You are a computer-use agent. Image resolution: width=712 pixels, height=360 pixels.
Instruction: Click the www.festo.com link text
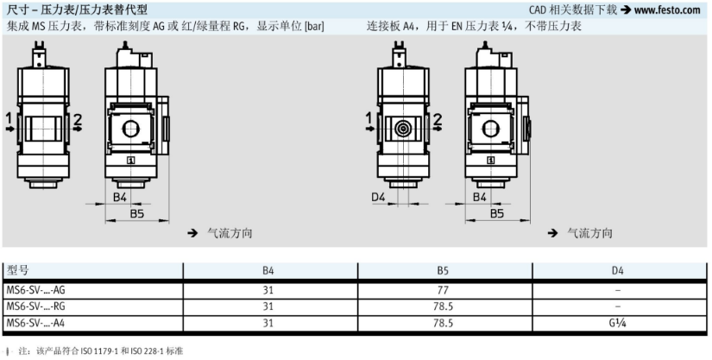click(x=667, y=9)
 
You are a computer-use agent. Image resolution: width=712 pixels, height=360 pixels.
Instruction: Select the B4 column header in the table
click(x=268, y=271)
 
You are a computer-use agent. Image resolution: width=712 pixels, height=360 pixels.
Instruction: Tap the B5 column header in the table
click(x=443, y=271)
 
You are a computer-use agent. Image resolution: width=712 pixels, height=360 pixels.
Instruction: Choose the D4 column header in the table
click(x=618, y=271)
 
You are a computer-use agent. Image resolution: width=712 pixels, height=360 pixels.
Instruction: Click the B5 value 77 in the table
click(x=443, y=289)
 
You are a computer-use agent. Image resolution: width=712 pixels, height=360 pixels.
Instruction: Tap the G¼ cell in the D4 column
click(x=618, y=323)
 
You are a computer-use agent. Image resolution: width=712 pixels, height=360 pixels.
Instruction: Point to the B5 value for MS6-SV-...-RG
click(x=443, y=306)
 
